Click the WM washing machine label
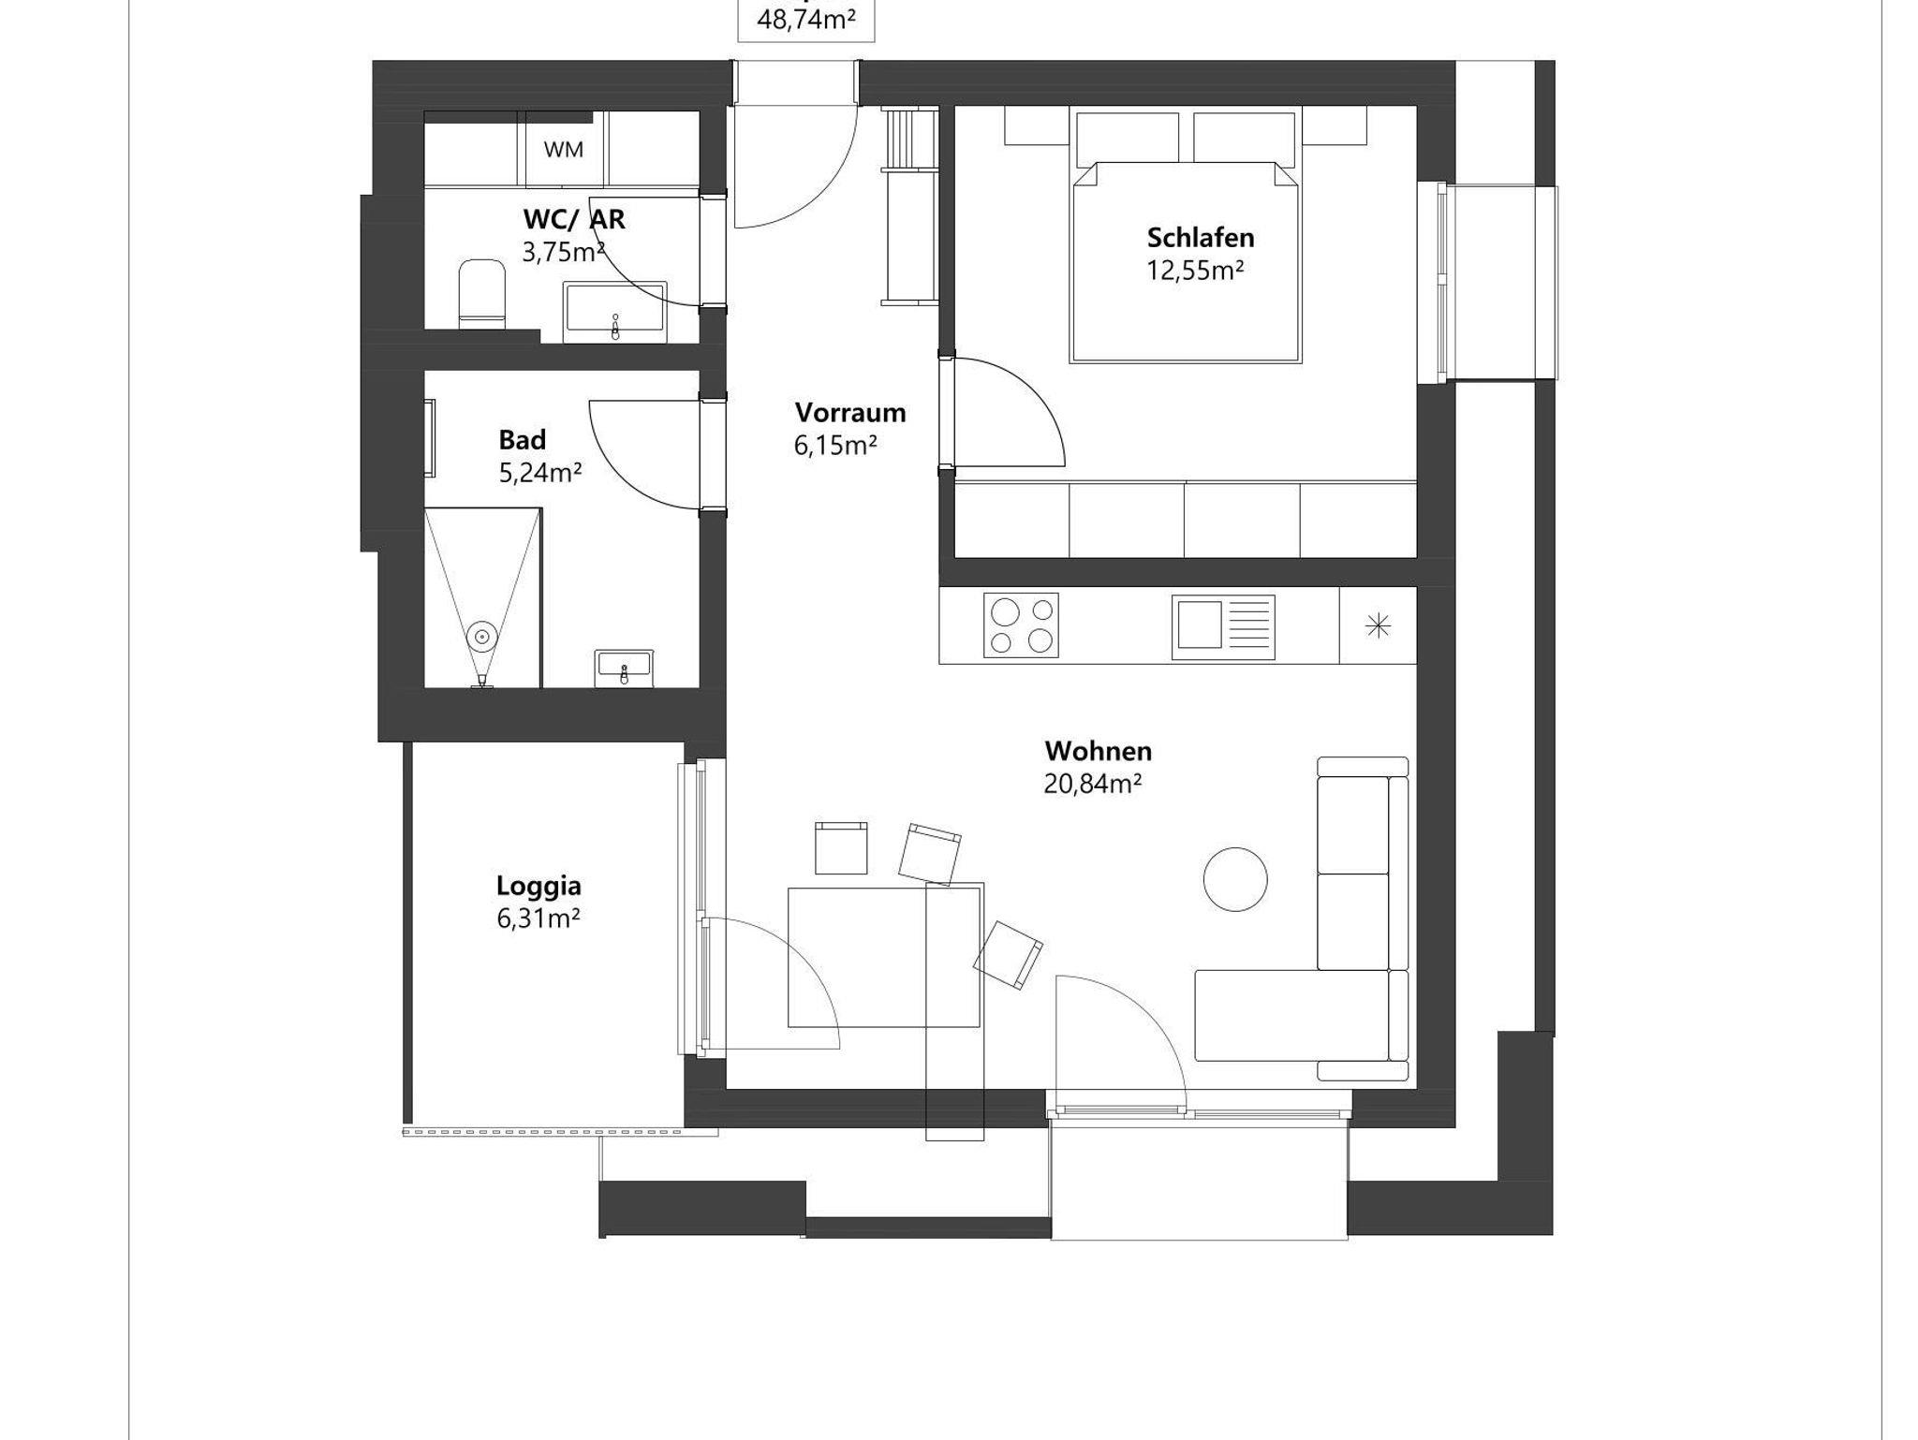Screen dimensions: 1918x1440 [563, 150]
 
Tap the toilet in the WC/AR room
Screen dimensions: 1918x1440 [481, 293]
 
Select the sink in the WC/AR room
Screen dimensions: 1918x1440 [615, 312]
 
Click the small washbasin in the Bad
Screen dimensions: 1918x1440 [624, 667]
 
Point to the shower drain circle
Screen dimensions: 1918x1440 [482, 637]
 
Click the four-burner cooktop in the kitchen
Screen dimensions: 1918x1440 [1021, 624]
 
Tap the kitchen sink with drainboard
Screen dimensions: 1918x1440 [1223, 624]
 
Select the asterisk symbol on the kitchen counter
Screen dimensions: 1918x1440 [1378, 625]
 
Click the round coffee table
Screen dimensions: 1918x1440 [1235, 878]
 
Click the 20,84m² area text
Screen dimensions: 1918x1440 [1092, 784]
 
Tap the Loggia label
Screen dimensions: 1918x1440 [539, 886]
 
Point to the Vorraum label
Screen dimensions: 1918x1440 [850, 412]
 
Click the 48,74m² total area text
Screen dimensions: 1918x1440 [805, 20]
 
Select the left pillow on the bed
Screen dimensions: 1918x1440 [1128, 138]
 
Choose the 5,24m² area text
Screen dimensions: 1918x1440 [540, 473]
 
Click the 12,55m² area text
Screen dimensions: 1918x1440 [1196, 271]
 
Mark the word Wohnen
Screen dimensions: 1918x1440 [1098, 751]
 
